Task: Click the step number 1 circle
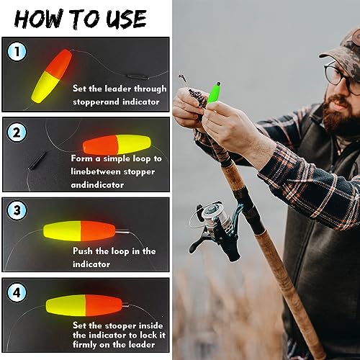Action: pyautogui.click(x=17, y=52)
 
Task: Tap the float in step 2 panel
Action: pyautogui.click(x=117, y=144)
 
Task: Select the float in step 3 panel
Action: pyautogui.click(x=79, y=231)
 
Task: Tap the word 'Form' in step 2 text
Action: pyautogui.click(x=81, y=157)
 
